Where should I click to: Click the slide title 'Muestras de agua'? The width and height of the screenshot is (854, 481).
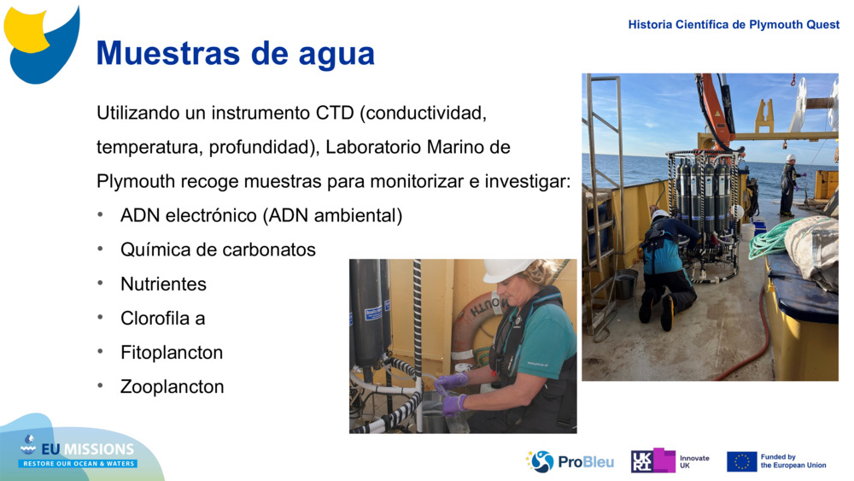click(x=235, y=53)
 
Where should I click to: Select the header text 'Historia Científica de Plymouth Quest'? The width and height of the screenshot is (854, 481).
click(x=734, y=25)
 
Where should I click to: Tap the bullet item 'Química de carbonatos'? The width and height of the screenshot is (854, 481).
click(x=218, y=249)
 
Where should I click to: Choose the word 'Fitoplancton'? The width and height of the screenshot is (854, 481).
click(x=172, y=352)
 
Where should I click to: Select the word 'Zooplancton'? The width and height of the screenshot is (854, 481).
click(x=172, y=386)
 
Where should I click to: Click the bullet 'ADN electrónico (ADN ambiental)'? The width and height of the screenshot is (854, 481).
click(x=260, y=215)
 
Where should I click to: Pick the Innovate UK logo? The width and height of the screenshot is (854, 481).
click(x=670, y=461)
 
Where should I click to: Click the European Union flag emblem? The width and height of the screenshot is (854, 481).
click(x=741, y=461)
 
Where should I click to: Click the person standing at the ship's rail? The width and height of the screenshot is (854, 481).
click(x=788, y=184)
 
